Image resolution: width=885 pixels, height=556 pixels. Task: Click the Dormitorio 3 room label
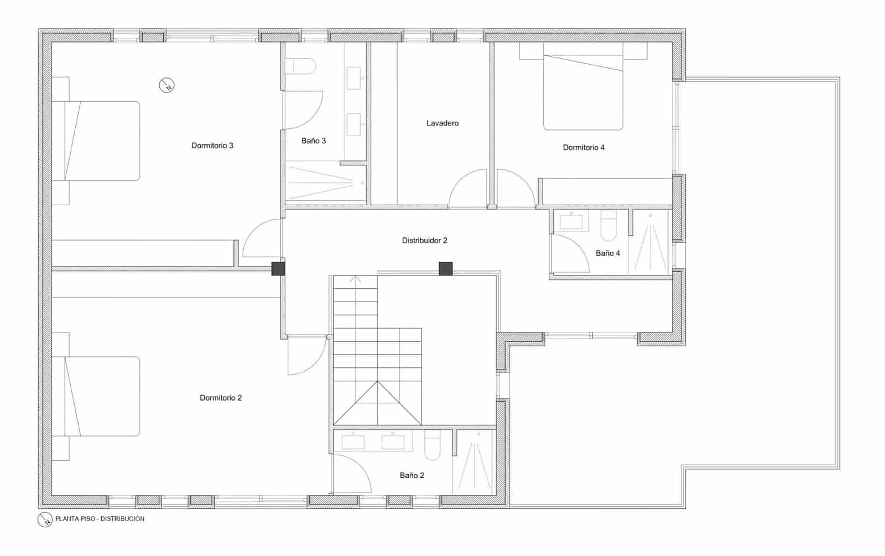point(212,146)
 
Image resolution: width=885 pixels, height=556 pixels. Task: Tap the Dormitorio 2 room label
point(221,398)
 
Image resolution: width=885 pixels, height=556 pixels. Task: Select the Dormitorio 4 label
point(584,147)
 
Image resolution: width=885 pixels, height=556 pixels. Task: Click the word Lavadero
point(442,123)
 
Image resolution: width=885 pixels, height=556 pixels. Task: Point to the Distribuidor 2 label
point(424,241)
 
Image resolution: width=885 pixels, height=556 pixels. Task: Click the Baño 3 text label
point(314,141)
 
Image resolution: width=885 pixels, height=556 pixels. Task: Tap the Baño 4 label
point(608,253)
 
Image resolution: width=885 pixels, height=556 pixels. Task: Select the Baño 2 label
point(412,475)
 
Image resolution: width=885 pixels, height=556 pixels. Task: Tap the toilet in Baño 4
point(608,227)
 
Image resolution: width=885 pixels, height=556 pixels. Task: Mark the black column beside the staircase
point(445,268)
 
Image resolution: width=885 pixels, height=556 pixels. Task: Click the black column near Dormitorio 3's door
point(278,268)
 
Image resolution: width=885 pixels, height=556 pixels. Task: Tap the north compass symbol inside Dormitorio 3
point(166,85)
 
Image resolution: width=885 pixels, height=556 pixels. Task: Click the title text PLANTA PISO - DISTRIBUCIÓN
point(100,519)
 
